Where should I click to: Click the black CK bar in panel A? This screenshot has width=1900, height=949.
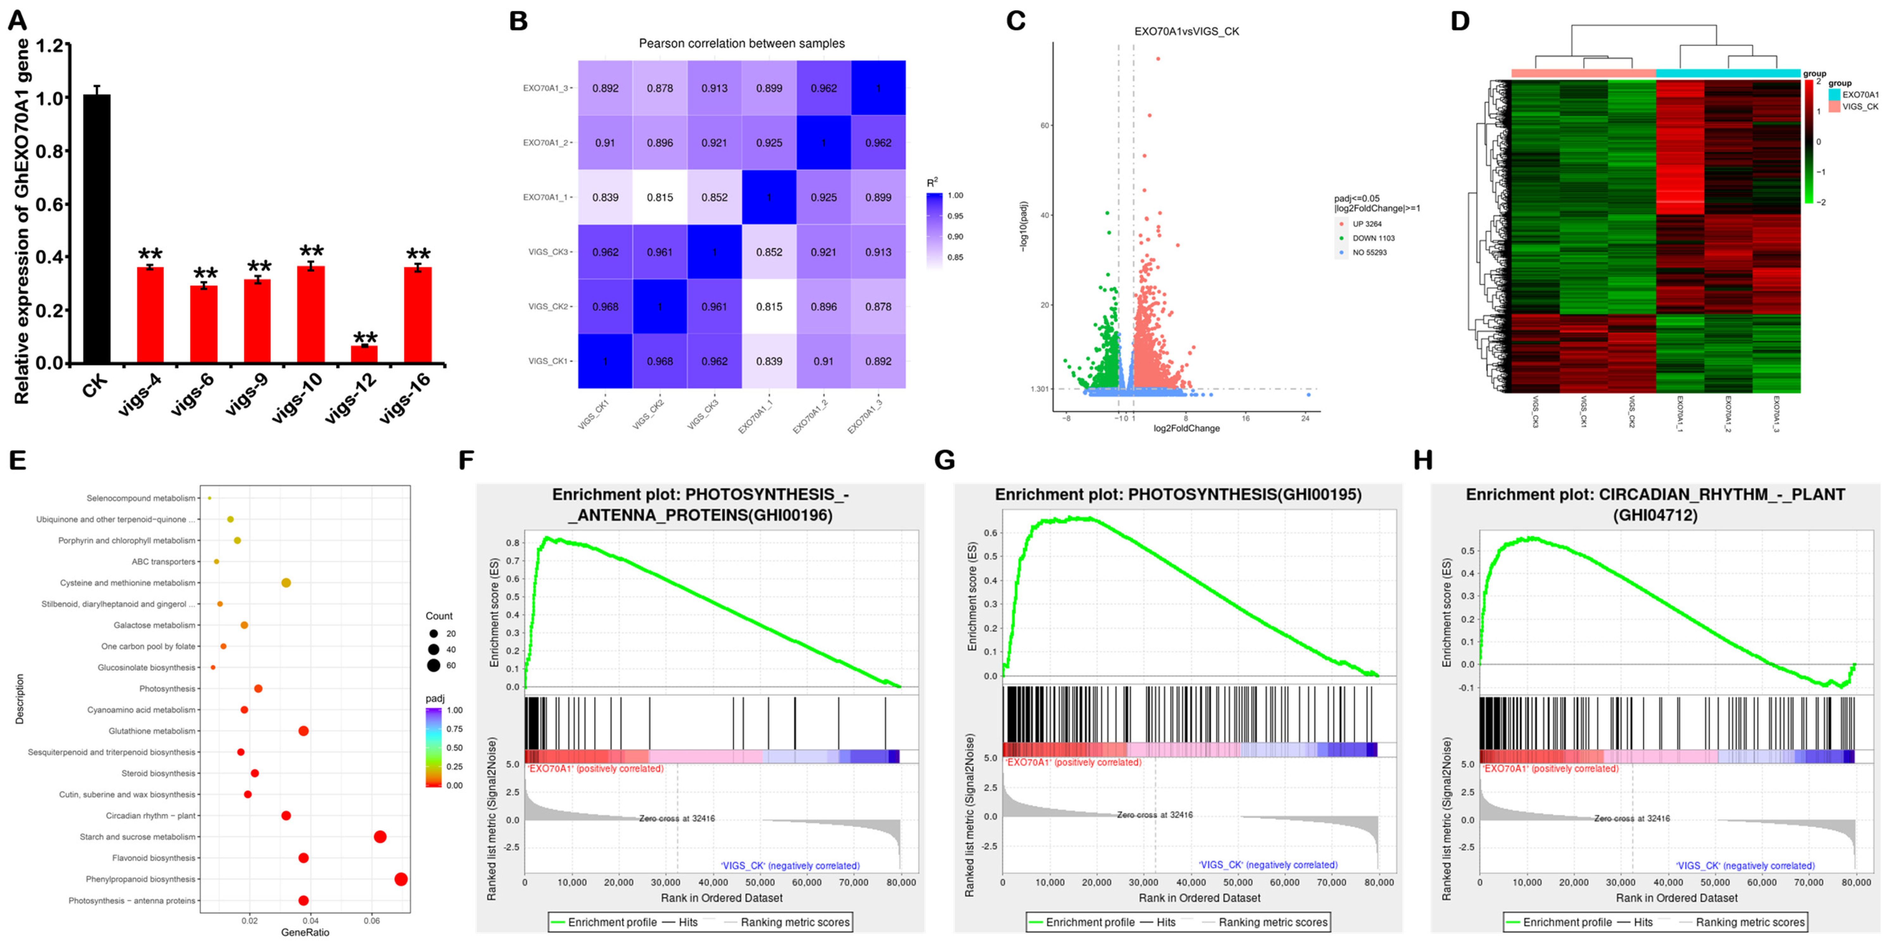pos(97,229)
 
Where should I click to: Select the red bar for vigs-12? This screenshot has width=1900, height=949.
pos(364,354)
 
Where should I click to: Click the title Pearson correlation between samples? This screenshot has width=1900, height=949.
pos(741,44)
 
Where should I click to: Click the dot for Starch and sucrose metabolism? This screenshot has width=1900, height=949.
pos(380,837)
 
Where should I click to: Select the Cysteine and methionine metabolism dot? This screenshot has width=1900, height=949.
pos(286,583)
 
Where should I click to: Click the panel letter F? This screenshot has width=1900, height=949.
pos(466,460)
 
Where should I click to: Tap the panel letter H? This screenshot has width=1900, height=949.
pos(1423,460)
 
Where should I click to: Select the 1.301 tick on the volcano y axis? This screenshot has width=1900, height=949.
pos(1040,389)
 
